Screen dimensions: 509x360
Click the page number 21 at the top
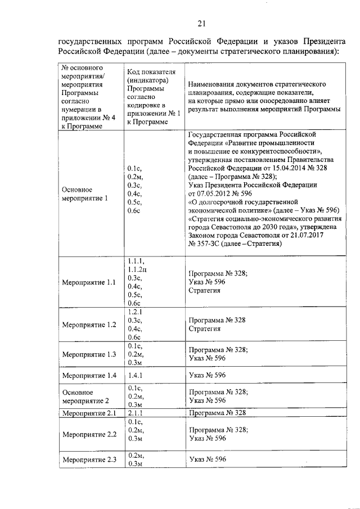[202, 23]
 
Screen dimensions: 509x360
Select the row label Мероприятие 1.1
[89, 282]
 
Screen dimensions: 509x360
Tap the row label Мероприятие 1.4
[89, 375]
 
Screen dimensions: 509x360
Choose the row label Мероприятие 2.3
[89, 460]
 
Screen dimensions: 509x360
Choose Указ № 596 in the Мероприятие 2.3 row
[208, 460]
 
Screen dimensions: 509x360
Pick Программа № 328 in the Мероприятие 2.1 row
[218, 413]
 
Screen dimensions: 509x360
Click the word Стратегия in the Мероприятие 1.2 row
[205, 328]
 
